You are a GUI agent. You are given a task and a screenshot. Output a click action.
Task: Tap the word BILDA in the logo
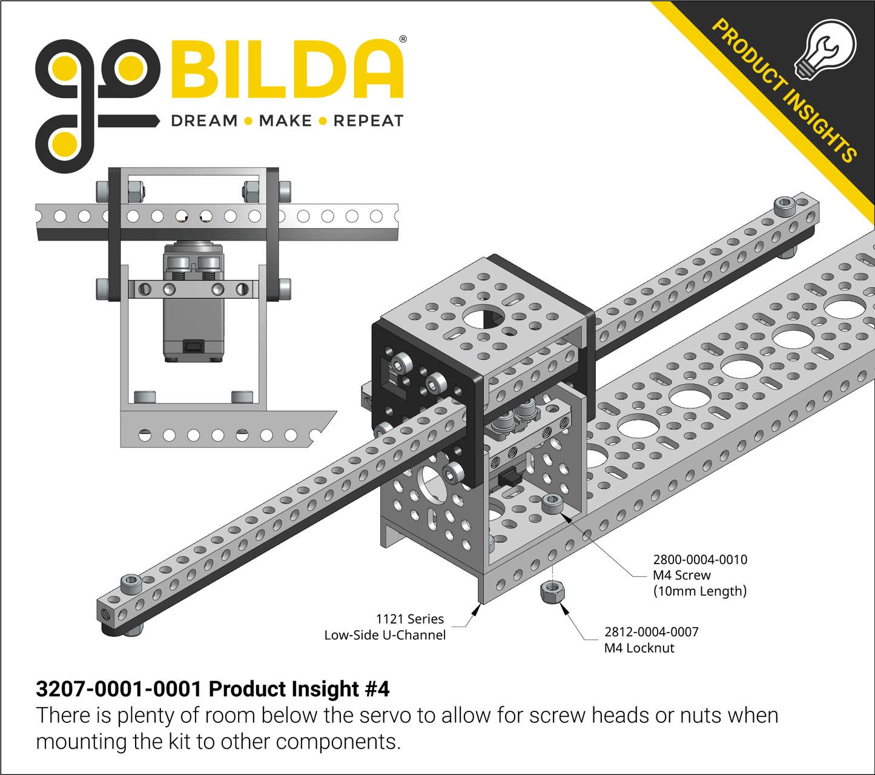click(x=287, y=70)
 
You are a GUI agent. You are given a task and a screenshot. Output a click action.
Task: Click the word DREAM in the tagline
click(x=204, y=121)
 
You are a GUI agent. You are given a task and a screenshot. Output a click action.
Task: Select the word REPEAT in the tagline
click(x=368, y=121)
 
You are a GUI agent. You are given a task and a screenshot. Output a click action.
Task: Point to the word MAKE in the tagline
click(x=285, y=121)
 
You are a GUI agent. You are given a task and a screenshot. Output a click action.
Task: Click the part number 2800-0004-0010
click(x=699, y=560)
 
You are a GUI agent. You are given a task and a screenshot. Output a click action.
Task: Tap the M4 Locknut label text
click(x=639, y=648)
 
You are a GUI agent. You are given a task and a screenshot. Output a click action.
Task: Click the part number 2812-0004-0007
click(x=651, y=632)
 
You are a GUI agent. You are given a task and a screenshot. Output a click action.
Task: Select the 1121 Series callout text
click(x=410, y=619)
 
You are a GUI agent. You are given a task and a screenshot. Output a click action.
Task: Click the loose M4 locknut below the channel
click(x=552, y=591)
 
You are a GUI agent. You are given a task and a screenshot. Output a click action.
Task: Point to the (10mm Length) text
click(x=699, y=591)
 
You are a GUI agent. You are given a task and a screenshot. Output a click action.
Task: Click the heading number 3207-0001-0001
click(x=118, y=689)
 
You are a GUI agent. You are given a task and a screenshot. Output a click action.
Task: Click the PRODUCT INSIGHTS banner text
click(x=784, y=91)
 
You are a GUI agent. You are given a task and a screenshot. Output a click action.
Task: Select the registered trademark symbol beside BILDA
click(x=403, y=39)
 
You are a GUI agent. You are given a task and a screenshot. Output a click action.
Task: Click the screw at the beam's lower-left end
click(x=131, y=584)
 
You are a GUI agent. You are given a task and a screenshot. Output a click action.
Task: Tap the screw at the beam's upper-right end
click(x=785, y=204)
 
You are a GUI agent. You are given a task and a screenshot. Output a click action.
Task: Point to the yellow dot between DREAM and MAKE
click(x=248, y=121)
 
